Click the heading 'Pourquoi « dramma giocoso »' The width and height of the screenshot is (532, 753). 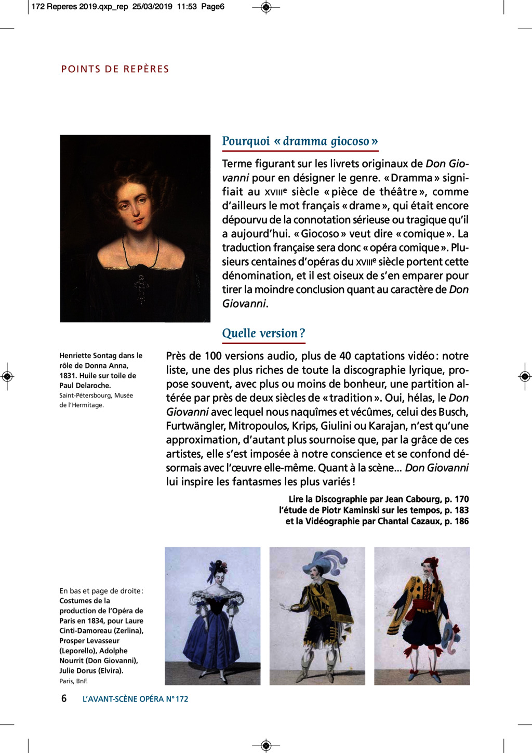tap(300, 141)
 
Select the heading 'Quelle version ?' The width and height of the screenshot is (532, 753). tap(263, 333)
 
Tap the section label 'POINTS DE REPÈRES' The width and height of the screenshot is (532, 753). tap(115, 69)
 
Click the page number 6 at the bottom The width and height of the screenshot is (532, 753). tap(64, 698)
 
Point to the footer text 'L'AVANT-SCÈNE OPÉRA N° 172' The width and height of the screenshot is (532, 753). tap(135, 699)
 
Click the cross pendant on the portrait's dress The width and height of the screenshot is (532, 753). tap(141, 288)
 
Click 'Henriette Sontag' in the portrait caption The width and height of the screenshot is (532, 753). tap(87, 356)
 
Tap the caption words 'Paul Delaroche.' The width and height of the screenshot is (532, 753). tap(85, 386)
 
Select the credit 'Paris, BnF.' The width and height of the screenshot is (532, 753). tap(73, 681)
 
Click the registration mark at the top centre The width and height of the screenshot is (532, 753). tap(266, 7)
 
